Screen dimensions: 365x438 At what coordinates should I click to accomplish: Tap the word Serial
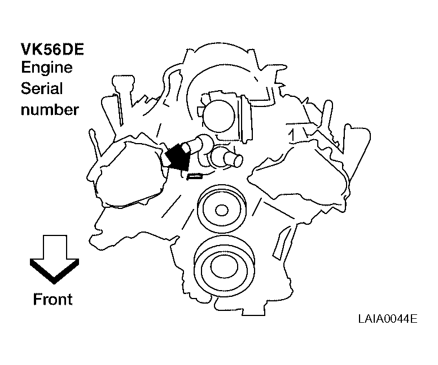click(x=42, y=89)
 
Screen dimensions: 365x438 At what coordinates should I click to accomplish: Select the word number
click(x=50, y=109)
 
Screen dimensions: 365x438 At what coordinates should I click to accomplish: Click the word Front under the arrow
click(x=52, y=299)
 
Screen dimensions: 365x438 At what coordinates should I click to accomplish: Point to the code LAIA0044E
click(x=387, y=319)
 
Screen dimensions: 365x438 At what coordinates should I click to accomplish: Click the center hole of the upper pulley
click(x=221, y=210)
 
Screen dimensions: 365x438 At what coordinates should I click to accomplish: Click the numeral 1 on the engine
click(x=292, y=135)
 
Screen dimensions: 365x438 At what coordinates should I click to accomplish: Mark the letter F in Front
click(x=37, y=299)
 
